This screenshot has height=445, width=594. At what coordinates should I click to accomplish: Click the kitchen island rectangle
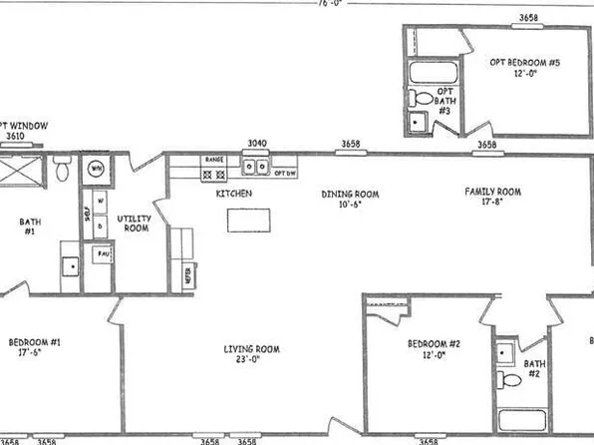(248, 220)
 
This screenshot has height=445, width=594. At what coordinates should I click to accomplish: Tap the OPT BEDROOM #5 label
(525, 63)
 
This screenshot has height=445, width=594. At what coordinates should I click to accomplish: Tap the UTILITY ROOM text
(133, 222)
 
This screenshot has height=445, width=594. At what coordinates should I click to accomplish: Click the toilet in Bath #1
(63, 171)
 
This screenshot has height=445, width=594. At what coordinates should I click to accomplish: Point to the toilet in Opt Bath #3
(423, 99)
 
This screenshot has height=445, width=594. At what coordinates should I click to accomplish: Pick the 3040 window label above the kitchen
(257, 144)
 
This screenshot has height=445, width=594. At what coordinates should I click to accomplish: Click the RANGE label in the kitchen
(213, 160)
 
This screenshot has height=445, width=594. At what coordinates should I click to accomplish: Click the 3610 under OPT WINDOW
(15, 137)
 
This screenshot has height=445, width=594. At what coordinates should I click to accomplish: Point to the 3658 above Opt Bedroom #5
(529, 17)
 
